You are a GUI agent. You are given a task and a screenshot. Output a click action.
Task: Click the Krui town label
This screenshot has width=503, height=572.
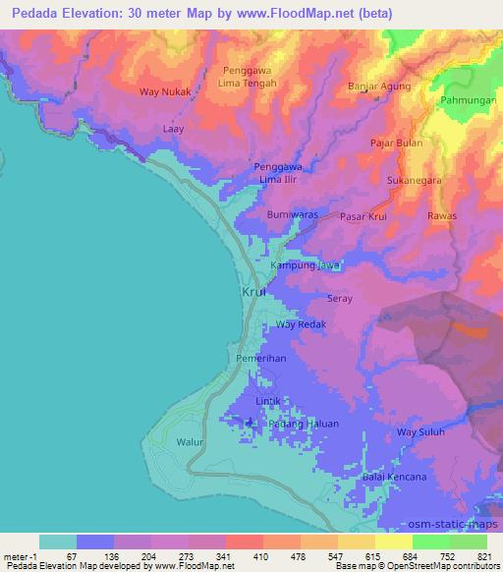tap(253, 293)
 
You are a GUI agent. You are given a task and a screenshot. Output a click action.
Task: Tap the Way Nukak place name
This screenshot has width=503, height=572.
tap(163, 91)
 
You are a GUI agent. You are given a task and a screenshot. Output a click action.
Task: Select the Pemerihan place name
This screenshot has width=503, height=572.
tap(261, 359)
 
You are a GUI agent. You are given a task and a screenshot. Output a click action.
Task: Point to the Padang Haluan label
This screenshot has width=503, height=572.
tap(304, 424)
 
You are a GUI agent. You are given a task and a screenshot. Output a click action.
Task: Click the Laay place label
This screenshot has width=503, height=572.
tap(174, 128)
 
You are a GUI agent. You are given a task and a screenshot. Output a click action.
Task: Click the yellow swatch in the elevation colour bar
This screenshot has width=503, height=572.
tap(394, 541)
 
